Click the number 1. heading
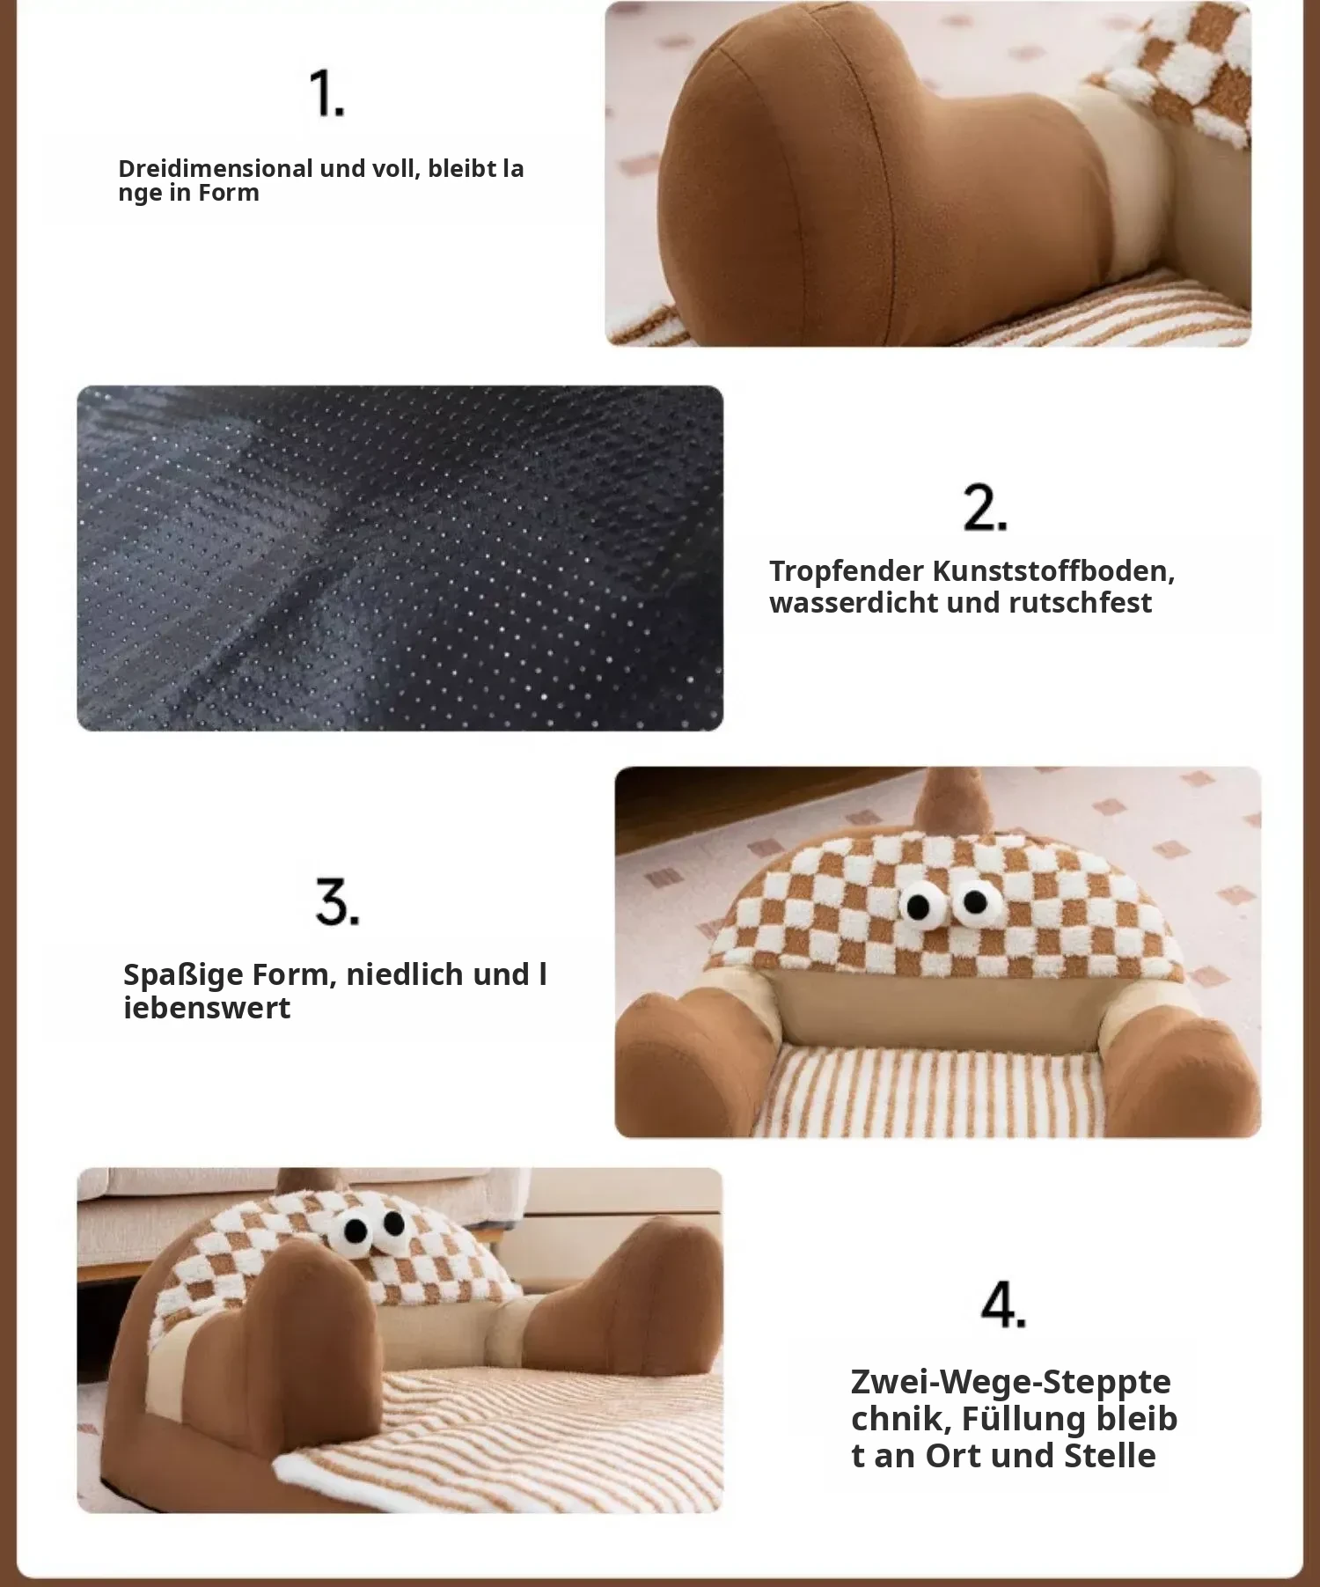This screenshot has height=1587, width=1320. pos(326,94)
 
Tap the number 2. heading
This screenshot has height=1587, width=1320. pos(985,508)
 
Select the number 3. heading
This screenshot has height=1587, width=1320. pos(337,901)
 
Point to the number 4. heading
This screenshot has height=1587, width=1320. pos(1003,1304)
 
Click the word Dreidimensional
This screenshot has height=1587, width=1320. pos(216,168)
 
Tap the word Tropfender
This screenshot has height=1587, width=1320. pos(847,572)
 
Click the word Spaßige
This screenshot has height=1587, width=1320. pos(182,976)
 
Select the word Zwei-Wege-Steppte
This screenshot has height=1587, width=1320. pos(1011,1382)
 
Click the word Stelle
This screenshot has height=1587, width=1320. pos(1110,1456)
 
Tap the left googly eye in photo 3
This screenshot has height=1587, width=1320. pos(919,906)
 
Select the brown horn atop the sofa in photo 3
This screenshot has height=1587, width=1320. pos(943,800)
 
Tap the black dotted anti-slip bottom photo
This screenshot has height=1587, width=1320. pos(400,558)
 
